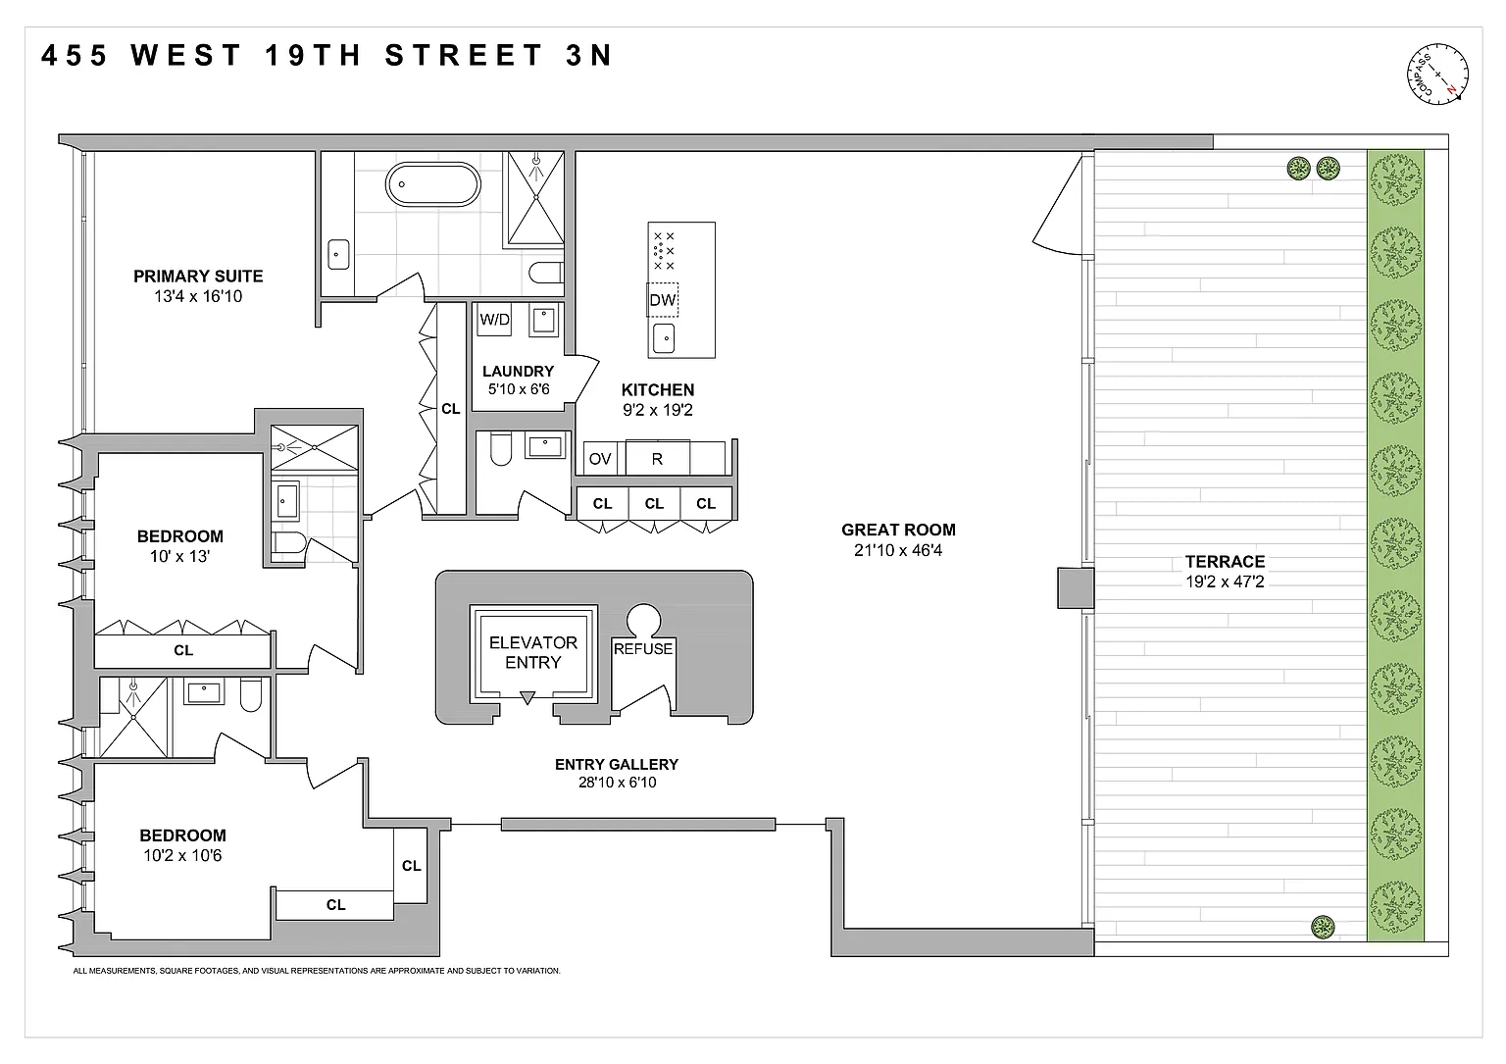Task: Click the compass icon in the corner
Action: click(1437, 74)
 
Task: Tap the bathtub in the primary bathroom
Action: click(433, 184)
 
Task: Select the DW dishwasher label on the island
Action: click(662, 300)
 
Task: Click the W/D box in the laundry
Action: click(494, 320)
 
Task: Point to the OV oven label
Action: click(600, 459)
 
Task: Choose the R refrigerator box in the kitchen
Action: click(658, 459)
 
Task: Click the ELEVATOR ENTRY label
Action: click(533, 652)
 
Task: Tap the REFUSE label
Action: click(643, 649)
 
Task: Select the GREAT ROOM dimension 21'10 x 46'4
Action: click(898, 550)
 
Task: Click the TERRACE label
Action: click(1225, 562)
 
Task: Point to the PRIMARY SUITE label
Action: click(198, 277)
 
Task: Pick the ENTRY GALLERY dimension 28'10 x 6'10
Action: click(617, 783)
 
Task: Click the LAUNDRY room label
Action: click(519, 372)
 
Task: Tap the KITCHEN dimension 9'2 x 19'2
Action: click(658, 410)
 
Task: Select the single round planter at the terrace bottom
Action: click(1323, 928)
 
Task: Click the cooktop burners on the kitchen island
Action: click(664, 251)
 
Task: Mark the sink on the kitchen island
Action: click(664, 338)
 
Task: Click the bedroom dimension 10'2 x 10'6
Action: click(182, 855)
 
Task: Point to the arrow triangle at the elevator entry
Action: click(527, 698)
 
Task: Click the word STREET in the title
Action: click(464, 55)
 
